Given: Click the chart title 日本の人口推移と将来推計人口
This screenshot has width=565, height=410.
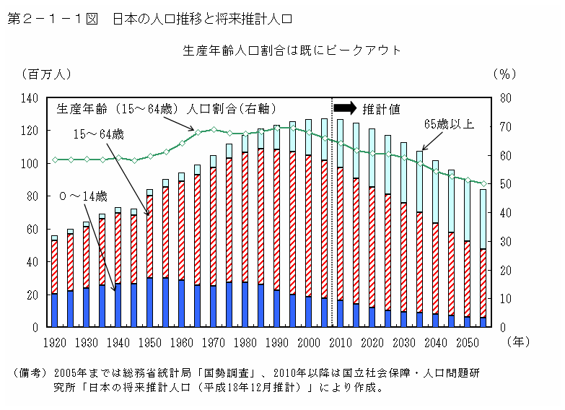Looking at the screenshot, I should pos(203,17).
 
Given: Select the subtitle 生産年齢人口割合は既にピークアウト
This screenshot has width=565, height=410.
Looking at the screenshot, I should pos(292,51).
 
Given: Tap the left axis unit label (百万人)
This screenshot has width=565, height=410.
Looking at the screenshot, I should pos(47,74).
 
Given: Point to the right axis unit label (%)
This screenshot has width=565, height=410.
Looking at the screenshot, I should pos(503,74).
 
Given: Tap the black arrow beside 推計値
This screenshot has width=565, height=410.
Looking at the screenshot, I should pos(345,108).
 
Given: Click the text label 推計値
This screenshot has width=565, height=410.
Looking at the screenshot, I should pos(381,109).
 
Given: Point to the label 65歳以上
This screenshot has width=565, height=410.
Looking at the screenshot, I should pos(448,123).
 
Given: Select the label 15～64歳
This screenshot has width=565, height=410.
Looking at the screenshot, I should pos(99,134).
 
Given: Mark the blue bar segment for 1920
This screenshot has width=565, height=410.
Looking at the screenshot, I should pos(54,310).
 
